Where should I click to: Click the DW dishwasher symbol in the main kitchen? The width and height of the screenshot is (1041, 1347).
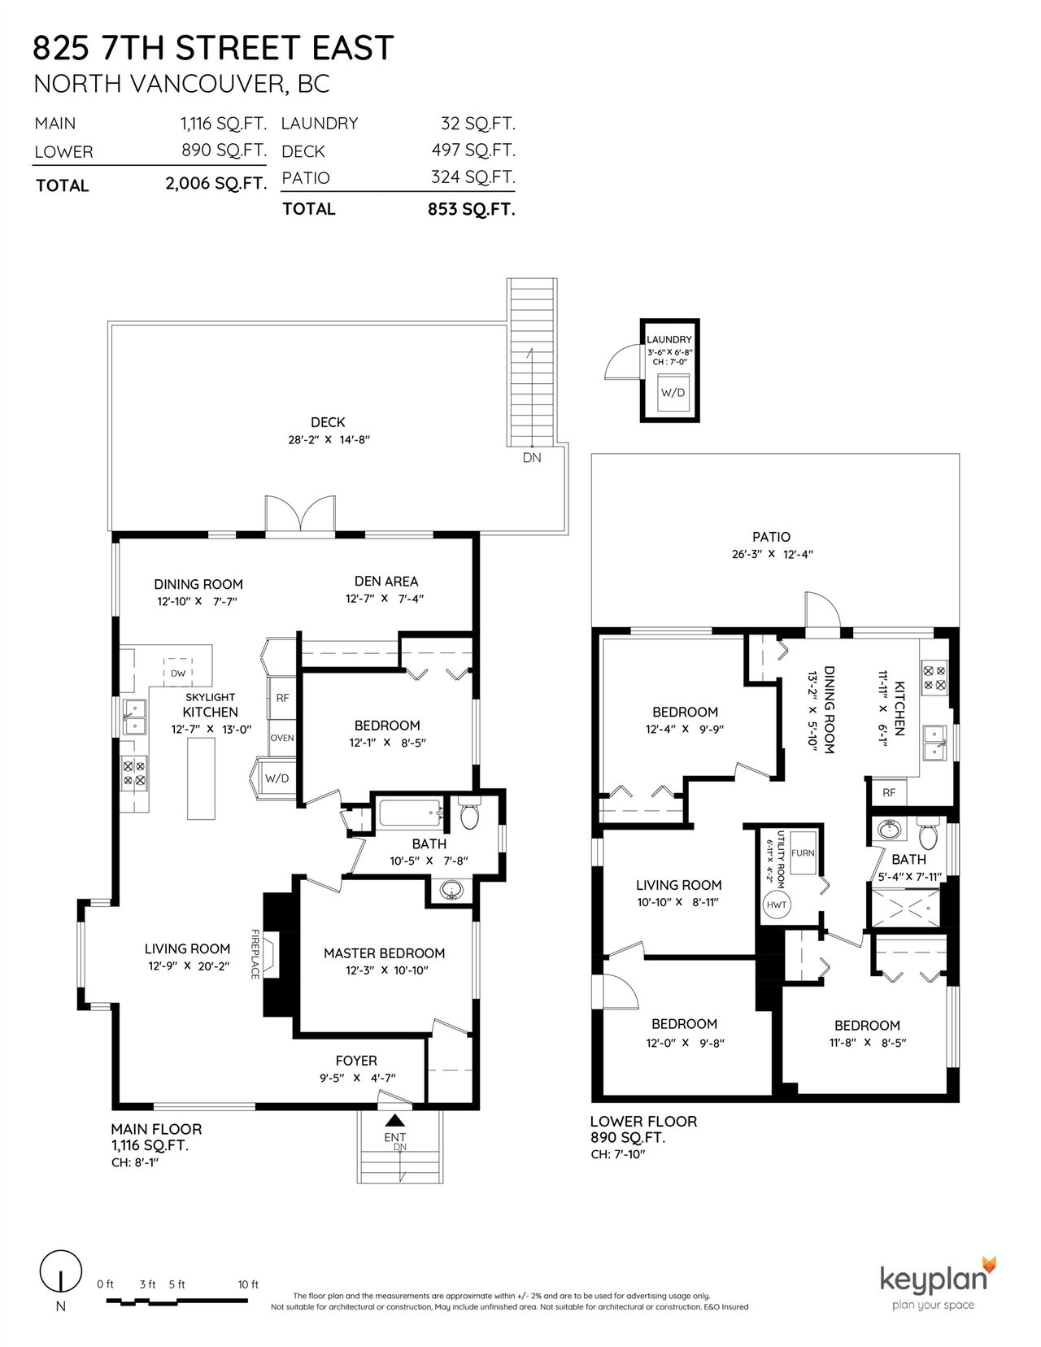tap(178, 672)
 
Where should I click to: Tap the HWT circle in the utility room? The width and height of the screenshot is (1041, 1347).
tap(776, 905)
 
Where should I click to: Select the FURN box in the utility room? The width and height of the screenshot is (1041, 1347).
tap(803, 853)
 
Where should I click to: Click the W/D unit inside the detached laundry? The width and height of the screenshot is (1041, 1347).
tap(673, 392)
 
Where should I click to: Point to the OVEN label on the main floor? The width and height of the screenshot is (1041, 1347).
tap(282, 738)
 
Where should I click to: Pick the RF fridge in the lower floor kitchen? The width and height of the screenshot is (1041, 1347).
tap(889, 792)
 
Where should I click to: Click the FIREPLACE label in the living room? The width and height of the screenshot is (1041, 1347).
tap(255, 954)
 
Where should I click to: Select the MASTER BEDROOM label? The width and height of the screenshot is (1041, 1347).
tap(384, 952)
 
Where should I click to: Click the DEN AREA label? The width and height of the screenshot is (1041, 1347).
tap(386, 581)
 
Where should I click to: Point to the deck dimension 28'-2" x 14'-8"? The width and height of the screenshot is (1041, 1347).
tap(328, 439)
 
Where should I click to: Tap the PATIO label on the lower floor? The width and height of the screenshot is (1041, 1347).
tap(772, 537)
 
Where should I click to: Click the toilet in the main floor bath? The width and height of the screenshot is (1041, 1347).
tap(469, 813)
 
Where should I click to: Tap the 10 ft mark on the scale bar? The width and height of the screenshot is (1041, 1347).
tap(248, 1284)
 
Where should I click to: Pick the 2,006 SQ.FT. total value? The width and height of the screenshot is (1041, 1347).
tap(216, 184)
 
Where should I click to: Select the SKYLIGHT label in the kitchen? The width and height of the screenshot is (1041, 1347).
tap(210, 697)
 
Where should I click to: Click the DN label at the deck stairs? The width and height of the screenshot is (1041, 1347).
tap(532, 457)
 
